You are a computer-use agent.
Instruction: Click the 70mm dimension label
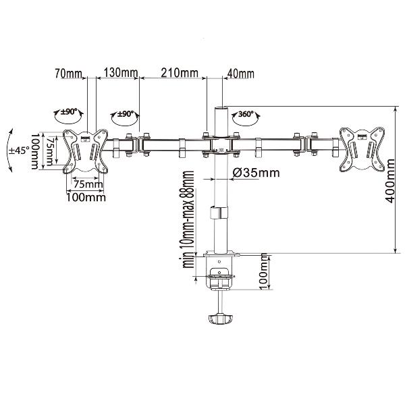click(68, 74)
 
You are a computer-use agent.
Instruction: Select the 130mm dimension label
click(121, 73)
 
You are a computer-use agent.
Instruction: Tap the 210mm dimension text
click(180, 73)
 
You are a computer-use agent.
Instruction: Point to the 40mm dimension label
click(240, 74)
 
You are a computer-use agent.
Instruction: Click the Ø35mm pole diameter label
click(256, 172)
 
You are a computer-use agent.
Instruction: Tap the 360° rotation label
click(246, 114)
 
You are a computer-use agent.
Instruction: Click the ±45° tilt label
click(18, 151)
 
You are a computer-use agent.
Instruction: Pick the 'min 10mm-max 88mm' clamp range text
click(188, 219)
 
